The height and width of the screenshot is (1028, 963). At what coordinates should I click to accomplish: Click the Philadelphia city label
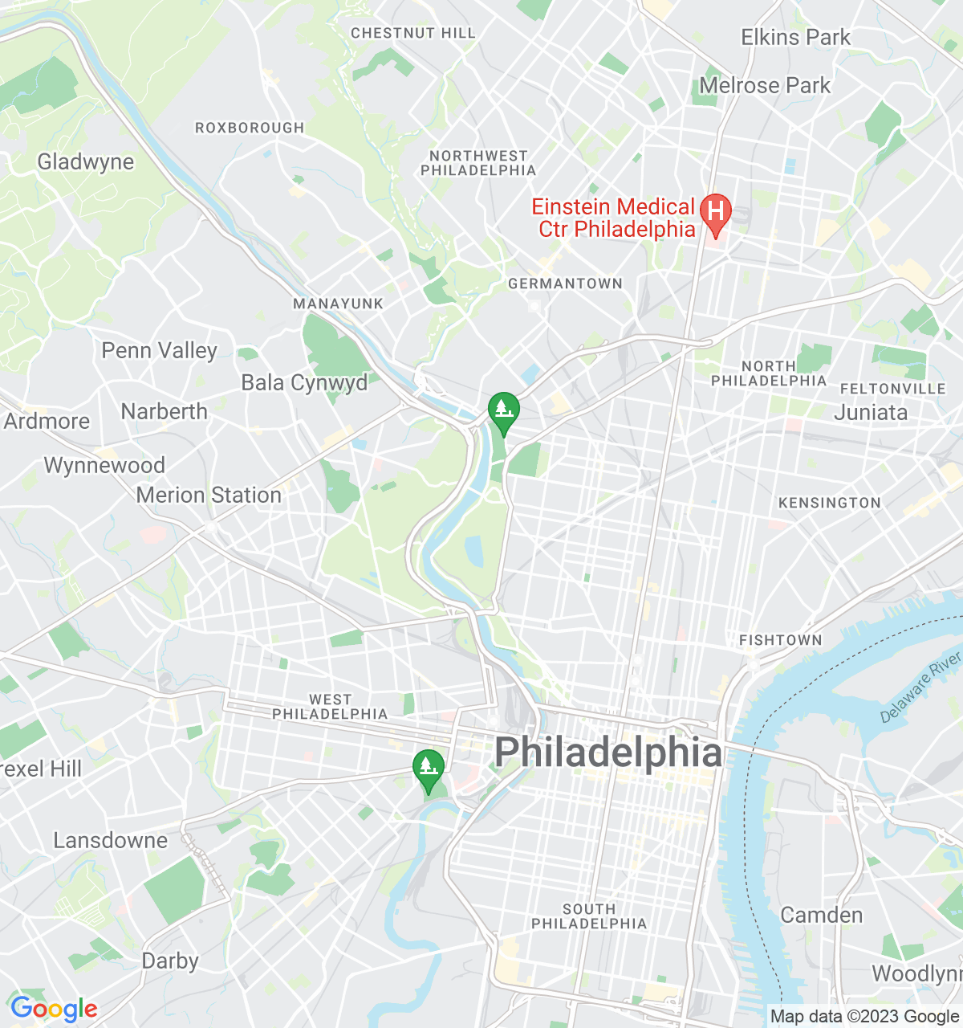pyautogui.click(x=607, y=753)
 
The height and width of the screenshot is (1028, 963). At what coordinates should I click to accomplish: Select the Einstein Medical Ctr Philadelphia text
pyautogui.click(x=614, y=218)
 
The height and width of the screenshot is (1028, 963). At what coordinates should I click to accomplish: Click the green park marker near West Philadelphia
pyautogui.click(x=429, y=769)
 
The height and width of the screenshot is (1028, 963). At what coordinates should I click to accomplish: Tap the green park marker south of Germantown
pyautogui.click(x=503, y=411)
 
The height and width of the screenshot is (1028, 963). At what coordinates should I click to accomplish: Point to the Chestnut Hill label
pyautogui.click(x=413, y=33)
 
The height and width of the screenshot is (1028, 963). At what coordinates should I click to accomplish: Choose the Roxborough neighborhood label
pyautogui.click(x=250, y=128)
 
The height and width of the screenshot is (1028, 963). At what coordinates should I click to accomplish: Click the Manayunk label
pyautogui.click(x=338, y=304)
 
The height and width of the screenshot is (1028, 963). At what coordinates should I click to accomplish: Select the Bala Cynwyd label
pyautogui.click(x=304, y=382)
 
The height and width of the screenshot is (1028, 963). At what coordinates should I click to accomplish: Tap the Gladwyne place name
pyautogui.click(x=86, y=161)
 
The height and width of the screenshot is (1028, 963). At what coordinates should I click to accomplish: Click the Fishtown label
pyautogui.click(x=780, y=640)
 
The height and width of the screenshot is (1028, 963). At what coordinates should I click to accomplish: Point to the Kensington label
pyautogui.click(x=829, y=503)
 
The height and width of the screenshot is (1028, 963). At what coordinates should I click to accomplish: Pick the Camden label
pyautogui.click(x=821, y=915)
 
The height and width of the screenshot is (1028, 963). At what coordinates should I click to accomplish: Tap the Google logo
pyautogui.click(x=54, y=1009)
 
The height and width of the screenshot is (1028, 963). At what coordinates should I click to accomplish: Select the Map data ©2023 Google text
pyautogui.click(x=864, y=1017)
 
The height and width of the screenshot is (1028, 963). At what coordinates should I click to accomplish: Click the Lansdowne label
pyautogui.click(x=111, y=840)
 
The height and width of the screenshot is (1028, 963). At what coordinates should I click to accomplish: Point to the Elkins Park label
pyautogui.click(x=795, y=37)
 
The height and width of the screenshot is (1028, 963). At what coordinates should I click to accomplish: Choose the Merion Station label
pyautogui.click(x=209, y=495)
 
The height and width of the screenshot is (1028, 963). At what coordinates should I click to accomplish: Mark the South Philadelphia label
pyautogui.click(x=589, y=916)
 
